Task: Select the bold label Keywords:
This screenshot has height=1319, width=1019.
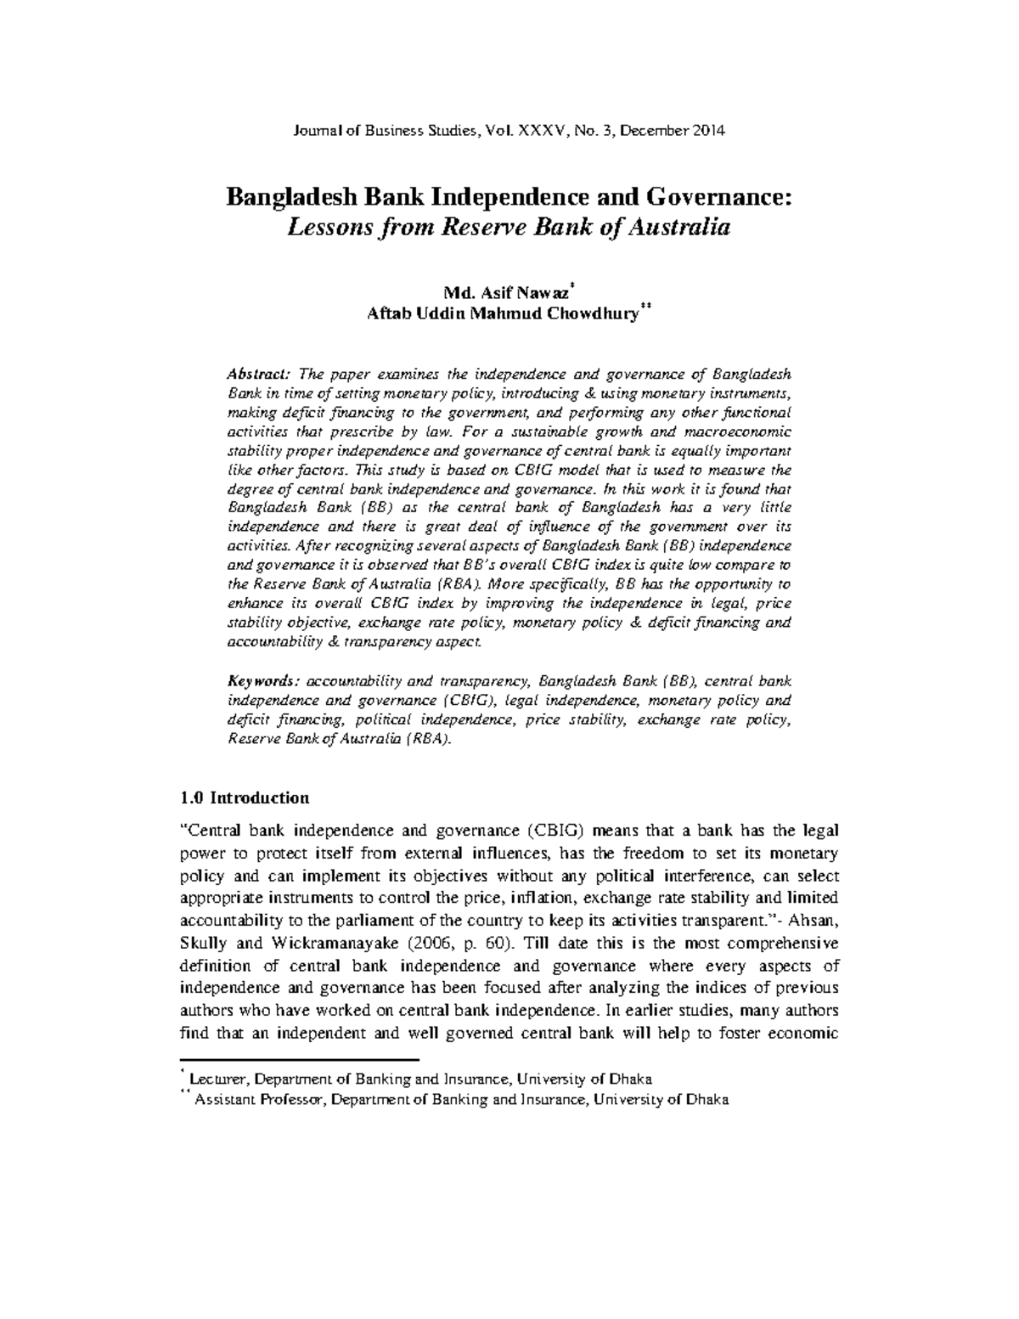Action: tap(263, 681)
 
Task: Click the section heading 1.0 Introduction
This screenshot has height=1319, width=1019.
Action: tap(245, 798)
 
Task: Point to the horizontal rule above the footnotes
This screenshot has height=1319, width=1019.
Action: tap(301, 1060)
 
